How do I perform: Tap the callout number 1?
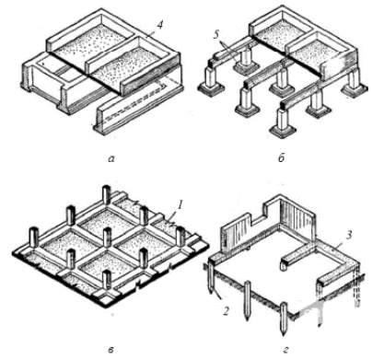[x=180, y=205]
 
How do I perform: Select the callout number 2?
[x=226, y=311]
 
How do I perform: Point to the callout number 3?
[x=348, y=236]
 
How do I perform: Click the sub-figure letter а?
[x=111, y=158]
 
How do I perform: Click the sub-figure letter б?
[x=282, y=157]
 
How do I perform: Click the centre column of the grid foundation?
[x=107, y=237]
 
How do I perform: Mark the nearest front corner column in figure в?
[x=107, y=280]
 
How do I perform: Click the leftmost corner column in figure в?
[x=34, y=237]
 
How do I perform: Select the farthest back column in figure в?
[x=107, y=194]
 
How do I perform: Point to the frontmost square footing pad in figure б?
[x=283, y=131]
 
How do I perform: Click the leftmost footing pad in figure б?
[x=212, y=89]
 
